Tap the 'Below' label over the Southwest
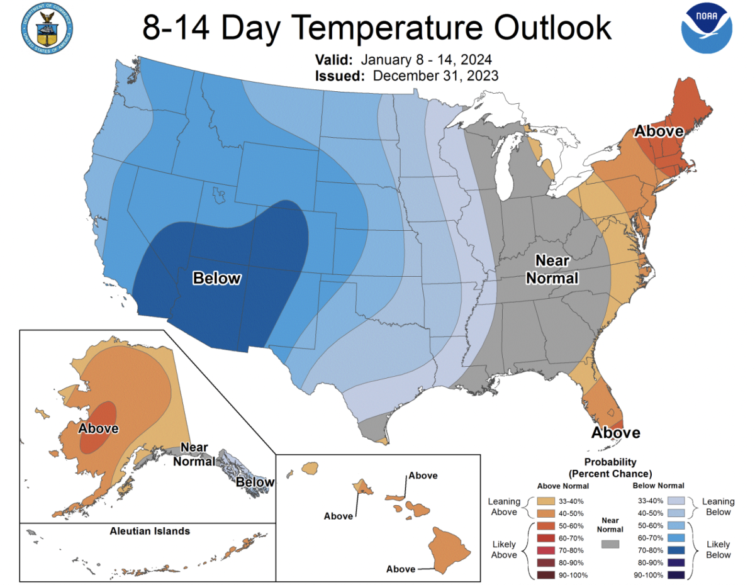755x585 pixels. [x=217, y=277]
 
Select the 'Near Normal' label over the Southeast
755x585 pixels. [x=552, y=269]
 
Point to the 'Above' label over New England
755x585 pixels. [x=658, y=131]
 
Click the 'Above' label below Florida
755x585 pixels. [x=615, y=433]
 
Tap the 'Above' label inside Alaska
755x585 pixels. [x=98, y=428]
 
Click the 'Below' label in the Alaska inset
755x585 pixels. [x=255, y=482]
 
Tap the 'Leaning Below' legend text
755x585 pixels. [x=718, y=506]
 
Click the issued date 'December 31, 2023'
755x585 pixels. [x=435, y=75]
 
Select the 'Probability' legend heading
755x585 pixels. [x=610, y=462]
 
